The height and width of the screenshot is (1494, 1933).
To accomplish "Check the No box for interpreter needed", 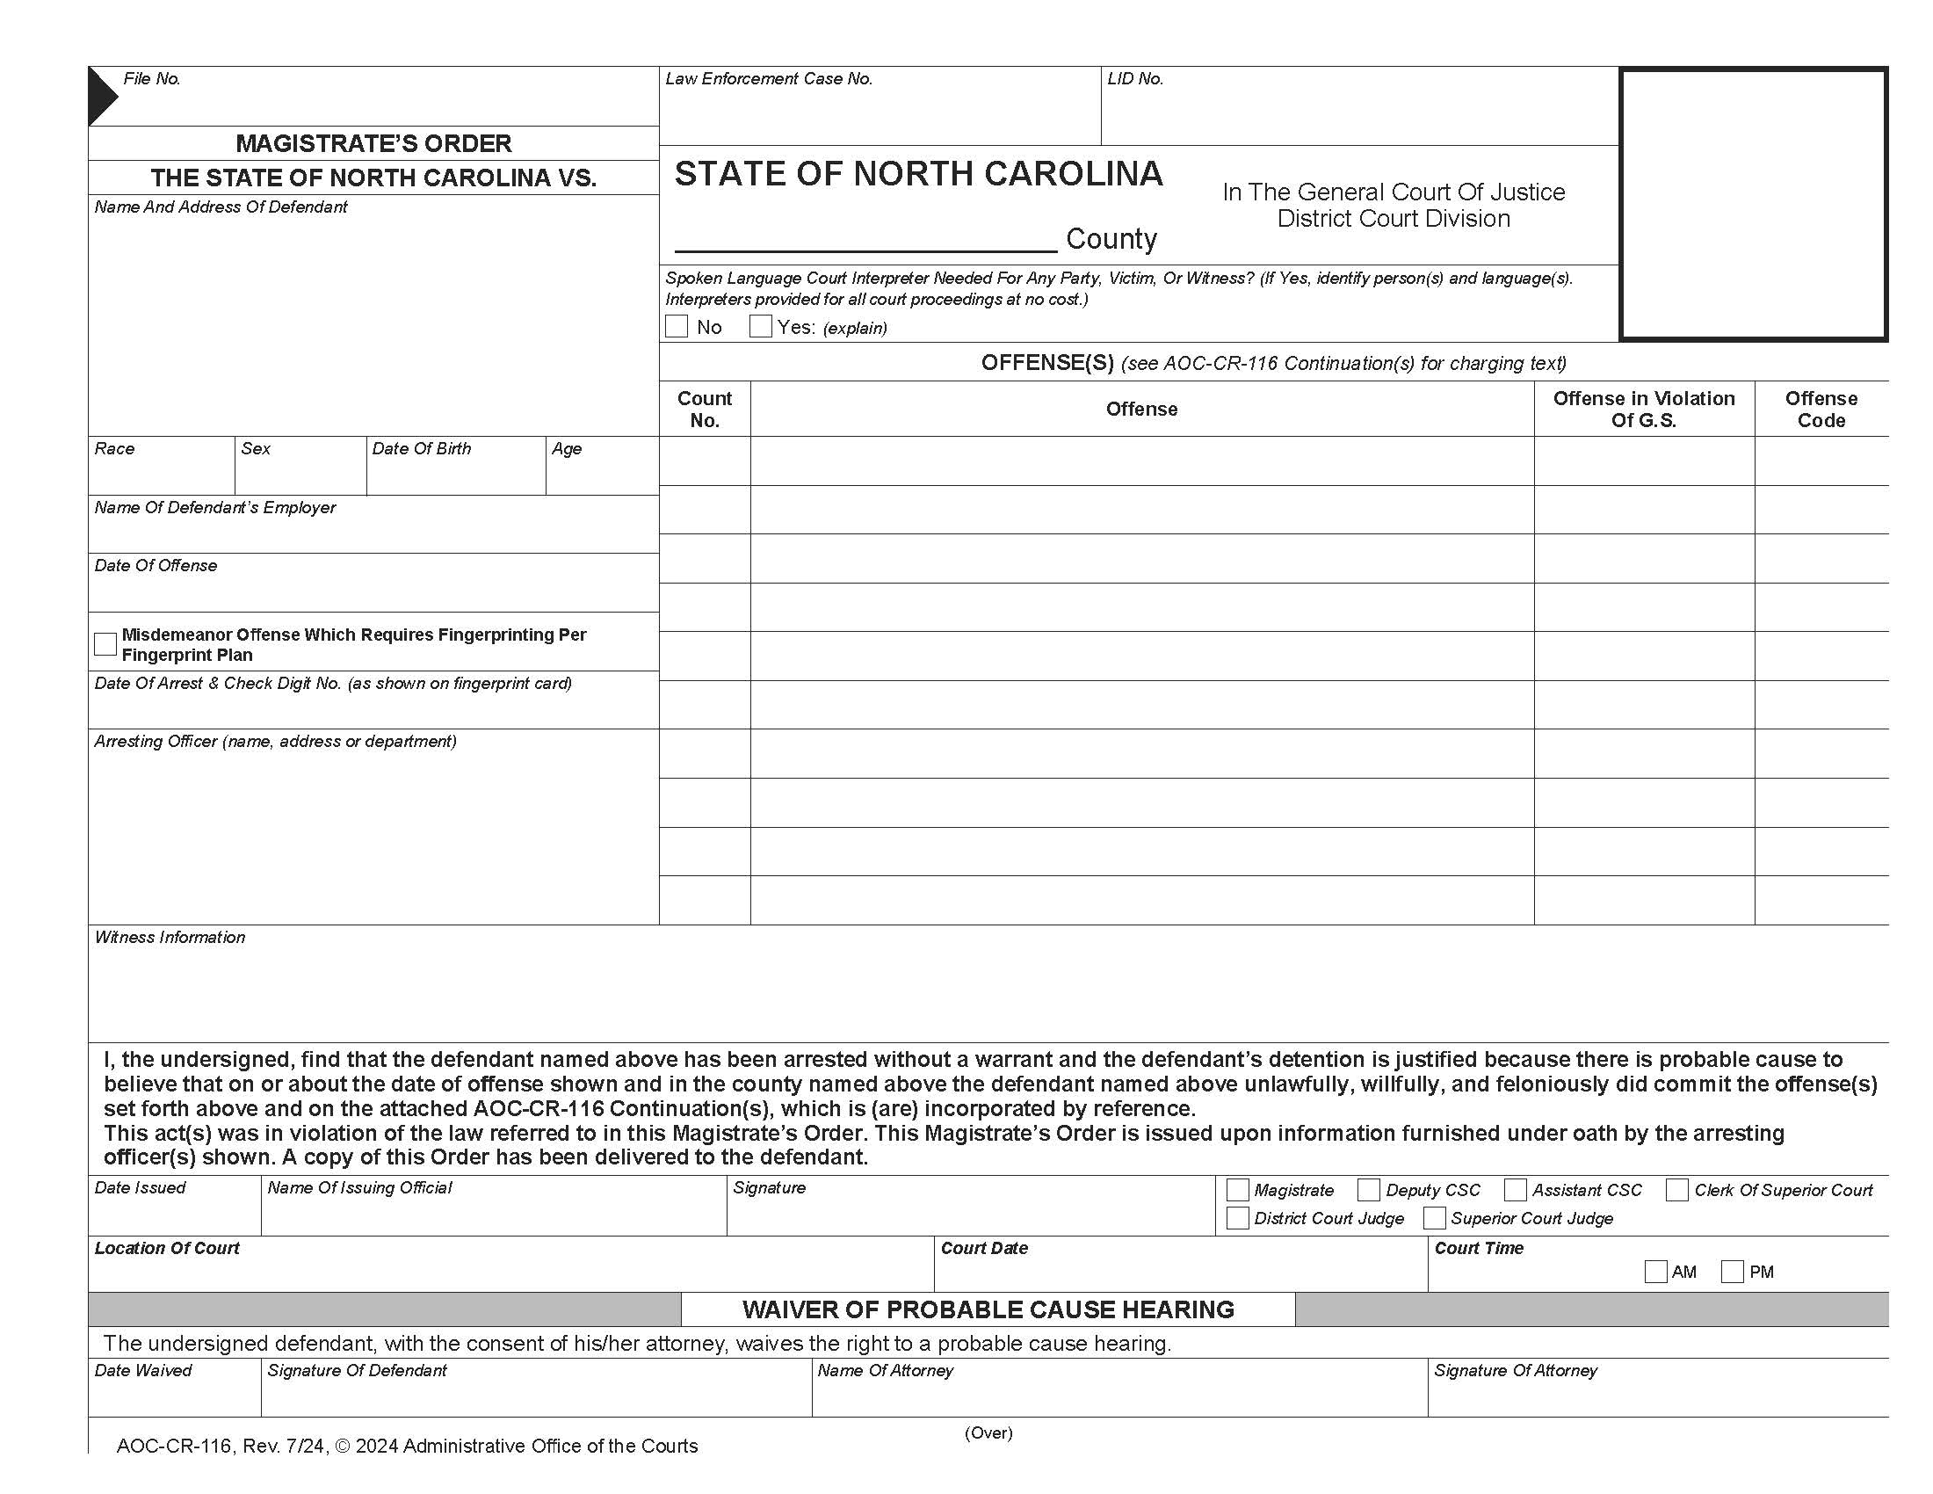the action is coord(677,327).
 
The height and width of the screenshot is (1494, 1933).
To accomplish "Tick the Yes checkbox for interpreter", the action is coord(760,327).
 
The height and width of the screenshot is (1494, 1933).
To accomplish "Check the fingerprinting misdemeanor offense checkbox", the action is coord(105,643).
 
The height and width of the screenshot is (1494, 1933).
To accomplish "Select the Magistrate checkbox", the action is coord(1237,1190).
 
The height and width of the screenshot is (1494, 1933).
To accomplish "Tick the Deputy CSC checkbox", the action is coord(1368,1190).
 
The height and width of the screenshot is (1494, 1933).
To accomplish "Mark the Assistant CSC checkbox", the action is coord(1516,1190).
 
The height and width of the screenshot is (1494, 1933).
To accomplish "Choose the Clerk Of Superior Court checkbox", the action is coord(1676,1190).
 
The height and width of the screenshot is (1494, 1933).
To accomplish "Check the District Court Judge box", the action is coord(1237,1218).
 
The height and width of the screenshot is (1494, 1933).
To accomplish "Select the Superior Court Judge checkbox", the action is coord(1434,1218).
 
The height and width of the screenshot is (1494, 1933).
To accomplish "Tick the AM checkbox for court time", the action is coord(1655,1272).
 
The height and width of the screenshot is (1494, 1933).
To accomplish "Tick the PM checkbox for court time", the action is coord(1732,1272).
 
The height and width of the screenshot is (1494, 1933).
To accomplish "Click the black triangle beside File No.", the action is coord(101,96).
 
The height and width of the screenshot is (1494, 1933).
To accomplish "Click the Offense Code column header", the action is coord(1821,409).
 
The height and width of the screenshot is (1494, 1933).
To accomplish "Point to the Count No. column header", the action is coord(705,409).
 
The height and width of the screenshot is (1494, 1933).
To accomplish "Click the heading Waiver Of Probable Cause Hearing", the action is coord(988,1309).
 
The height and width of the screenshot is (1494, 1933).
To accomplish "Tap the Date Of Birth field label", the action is coord(421,449).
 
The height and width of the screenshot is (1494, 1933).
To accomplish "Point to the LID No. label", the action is coord(1135,79).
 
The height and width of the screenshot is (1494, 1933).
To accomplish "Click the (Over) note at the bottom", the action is coord(988,1433).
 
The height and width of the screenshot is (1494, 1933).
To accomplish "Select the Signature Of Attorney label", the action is coord(1516,1371).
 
